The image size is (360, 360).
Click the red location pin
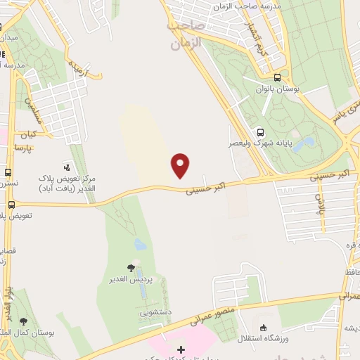(x=181, y=165)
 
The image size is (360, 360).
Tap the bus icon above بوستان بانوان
(x=278, y=78)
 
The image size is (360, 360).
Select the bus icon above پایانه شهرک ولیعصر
(x=261, y=131)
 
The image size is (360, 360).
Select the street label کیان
(x=27, y=134)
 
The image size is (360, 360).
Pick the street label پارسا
(x=23, y=149)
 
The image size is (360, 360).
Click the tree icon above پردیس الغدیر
(x=131, y=267)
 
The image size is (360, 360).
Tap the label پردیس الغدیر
(x=131, y=279)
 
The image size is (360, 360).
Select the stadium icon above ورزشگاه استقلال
(x=263, y=327)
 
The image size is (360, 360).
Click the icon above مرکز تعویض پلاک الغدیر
(x=67, y=167)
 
